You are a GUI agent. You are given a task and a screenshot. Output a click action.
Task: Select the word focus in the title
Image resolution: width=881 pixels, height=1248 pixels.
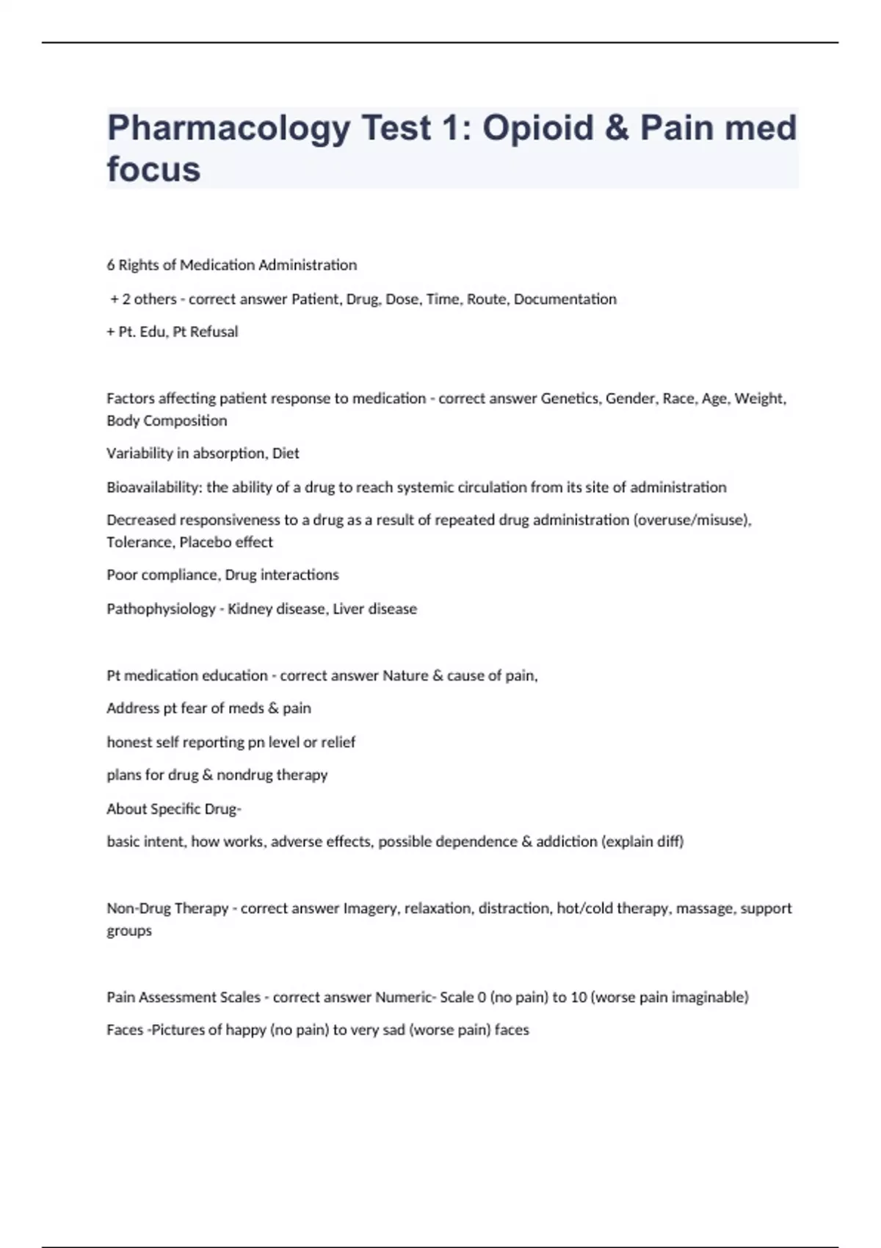153,170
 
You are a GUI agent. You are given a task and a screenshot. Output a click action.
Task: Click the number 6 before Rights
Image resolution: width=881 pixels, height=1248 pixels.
111,265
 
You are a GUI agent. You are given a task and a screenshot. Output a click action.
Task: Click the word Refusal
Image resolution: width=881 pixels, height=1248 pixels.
214,332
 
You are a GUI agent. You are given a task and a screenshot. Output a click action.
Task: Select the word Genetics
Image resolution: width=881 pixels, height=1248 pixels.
570,399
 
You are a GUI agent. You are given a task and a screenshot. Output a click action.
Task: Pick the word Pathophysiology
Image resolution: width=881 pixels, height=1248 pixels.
161,609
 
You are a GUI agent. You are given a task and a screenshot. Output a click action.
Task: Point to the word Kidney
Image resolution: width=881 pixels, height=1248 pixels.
250,609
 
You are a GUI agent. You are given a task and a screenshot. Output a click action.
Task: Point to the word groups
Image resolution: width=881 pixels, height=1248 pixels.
129,931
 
